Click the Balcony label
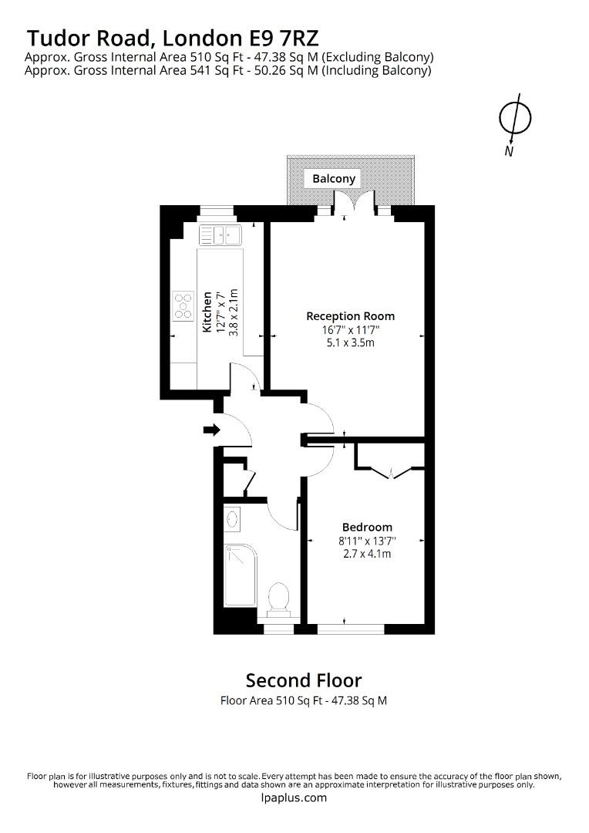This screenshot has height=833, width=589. click(x=334, y=179)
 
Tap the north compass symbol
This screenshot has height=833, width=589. click(x=512, y=117)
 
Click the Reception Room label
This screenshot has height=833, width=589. click(x=350, y=316)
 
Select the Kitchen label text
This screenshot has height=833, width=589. click(x=207, y=312)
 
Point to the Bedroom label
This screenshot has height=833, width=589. click(x=367, y=528)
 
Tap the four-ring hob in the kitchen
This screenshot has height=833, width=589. click(x=183, y=305)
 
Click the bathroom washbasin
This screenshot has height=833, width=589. click(x=232, y=521)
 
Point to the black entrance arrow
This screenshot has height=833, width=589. click(x=210, y=430)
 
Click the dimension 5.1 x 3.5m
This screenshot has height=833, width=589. click(x=350, y=342)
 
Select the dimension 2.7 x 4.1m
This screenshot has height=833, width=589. click(x=367, y=553)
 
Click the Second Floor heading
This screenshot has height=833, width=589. click(x=303, y=680)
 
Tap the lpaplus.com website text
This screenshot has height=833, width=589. click(x=294, y=798)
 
